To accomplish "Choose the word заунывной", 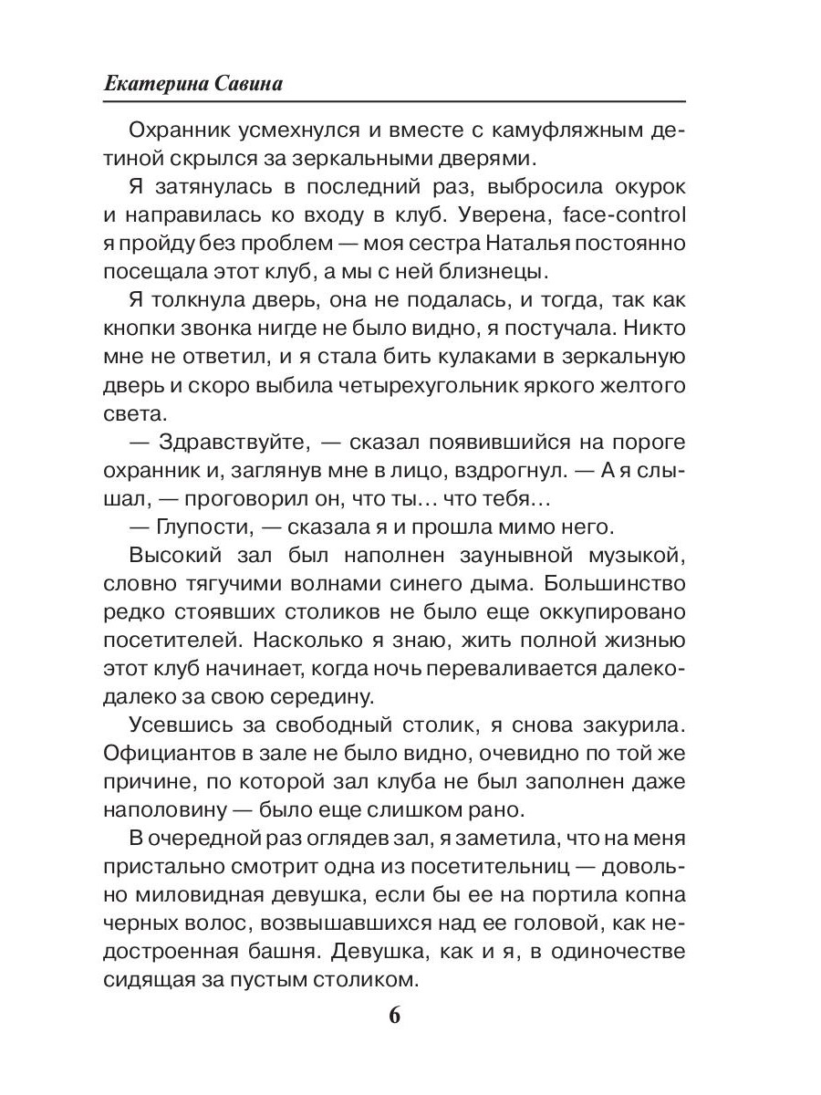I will pos(467,557).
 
